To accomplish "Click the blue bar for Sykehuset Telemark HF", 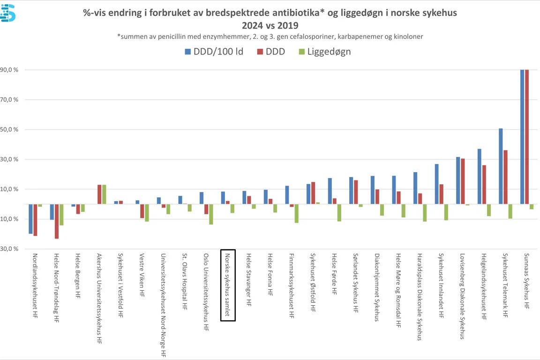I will (501, 166).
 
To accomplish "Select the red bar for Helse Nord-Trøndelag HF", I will (57, 221).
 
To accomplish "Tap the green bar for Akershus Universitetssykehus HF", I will (104, 195).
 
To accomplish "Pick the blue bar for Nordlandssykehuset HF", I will (30, 219).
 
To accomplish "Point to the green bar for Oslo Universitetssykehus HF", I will (211, 214).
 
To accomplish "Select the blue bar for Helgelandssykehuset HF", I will (480, 176).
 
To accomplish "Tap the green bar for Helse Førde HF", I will (339, 213).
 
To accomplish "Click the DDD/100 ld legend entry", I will (214, 52).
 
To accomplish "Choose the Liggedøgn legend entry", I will (324, 52).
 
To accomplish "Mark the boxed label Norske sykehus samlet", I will (228, 285).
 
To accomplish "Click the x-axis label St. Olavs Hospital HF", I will (185, 277).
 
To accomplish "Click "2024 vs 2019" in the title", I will (270, 25).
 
